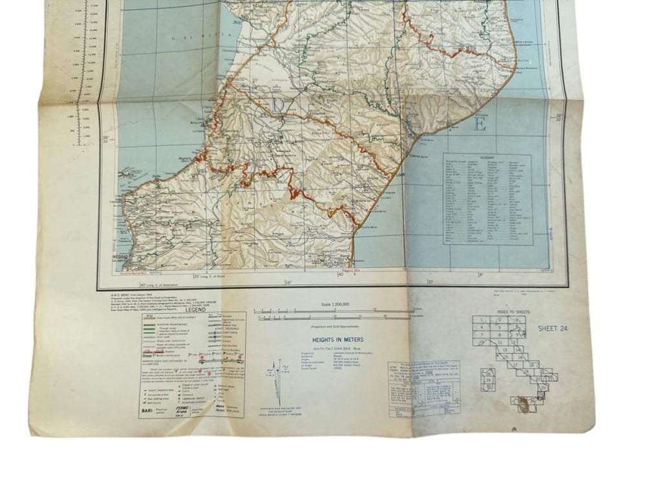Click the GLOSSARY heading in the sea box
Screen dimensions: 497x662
point(487,156)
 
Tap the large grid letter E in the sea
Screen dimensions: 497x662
point(480,125)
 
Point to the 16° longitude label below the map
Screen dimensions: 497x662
point(288,282)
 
